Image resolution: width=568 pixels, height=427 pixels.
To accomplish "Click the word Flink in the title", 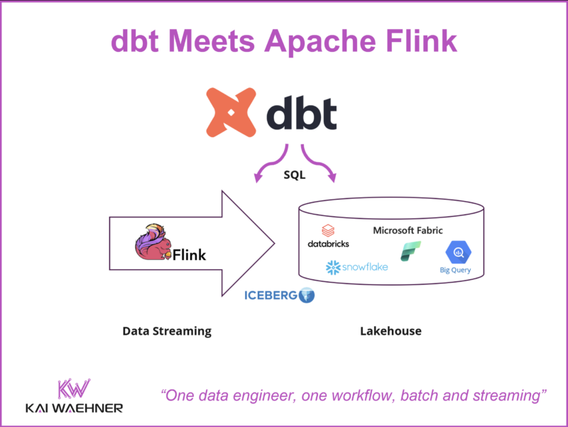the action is click(421, 40).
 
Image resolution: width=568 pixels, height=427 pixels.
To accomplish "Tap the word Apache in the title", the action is click(320, 42).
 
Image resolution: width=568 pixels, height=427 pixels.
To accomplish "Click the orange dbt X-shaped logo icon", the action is click(231, 112).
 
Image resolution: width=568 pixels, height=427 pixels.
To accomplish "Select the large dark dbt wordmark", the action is click(301, 113).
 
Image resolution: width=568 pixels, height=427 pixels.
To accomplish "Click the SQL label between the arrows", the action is click(295, 175).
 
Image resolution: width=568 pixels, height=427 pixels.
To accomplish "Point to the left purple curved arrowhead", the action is click(258, 176).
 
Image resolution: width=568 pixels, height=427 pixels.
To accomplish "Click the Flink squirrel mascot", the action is click(153, 242).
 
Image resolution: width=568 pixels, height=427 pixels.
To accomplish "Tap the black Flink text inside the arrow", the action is click(189, 255).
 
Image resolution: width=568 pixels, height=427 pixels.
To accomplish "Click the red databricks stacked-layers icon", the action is click(328, 230).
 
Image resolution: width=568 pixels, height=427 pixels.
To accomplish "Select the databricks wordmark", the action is click(328, 244).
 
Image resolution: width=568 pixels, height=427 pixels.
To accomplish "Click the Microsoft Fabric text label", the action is click(408, 230).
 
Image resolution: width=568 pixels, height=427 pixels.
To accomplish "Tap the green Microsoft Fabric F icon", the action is click(410, 252).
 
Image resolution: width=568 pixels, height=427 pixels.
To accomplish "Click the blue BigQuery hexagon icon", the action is click(458, 252).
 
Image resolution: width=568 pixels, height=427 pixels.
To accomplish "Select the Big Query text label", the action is click(455, 270).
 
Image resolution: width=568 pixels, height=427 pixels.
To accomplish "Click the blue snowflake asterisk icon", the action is click(333, 268).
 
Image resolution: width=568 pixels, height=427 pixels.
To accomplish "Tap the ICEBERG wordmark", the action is click(271, 296).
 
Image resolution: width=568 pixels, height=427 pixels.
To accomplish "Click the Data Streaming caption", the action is click(167, 331).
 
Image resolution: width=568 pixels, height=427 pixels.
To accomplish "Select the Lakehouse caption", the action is click(391, 331).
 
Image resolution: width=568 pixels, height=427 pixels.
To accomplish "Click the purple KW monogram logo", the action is click(74, 389).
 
